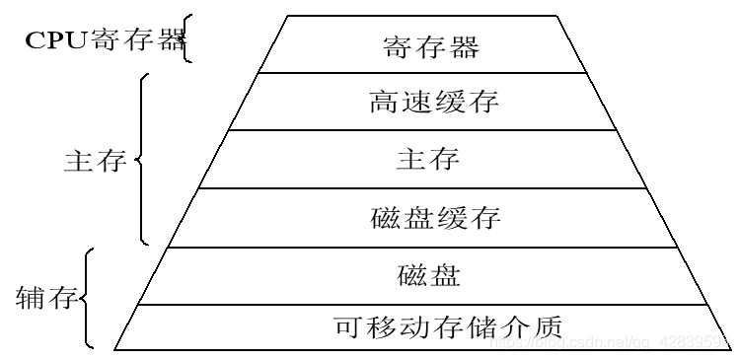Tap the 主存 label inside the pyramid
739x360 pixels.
pos(427,159)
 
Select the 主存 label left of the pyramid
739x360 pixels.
pos(95,161)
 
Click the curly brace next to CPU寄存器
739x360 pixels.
pos(187,41)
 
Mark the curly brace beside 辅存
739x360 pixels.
pos(88,297)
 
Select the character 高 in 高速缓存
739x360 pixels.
pos(383,102)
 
